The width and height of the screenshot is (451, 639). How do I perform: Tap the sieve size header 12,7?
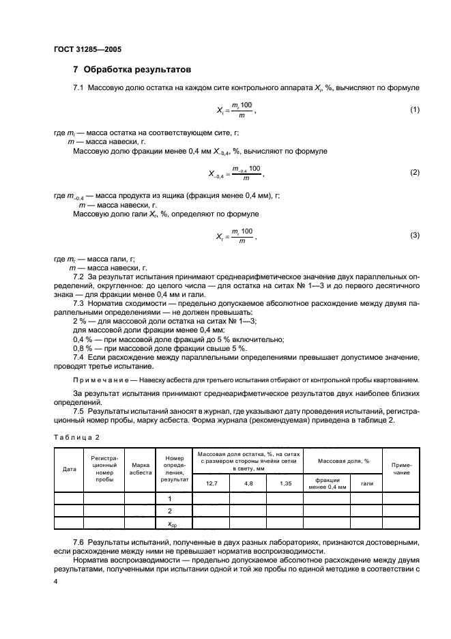coord(211,483)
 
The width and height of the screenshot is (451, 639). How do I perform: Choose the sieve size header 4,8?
coord(248,483)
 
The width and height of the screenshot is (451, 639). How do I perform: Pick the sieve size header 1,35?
coord(285,483)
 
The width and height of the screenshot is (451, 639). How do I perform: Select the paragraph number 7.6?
coord(78,541)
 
